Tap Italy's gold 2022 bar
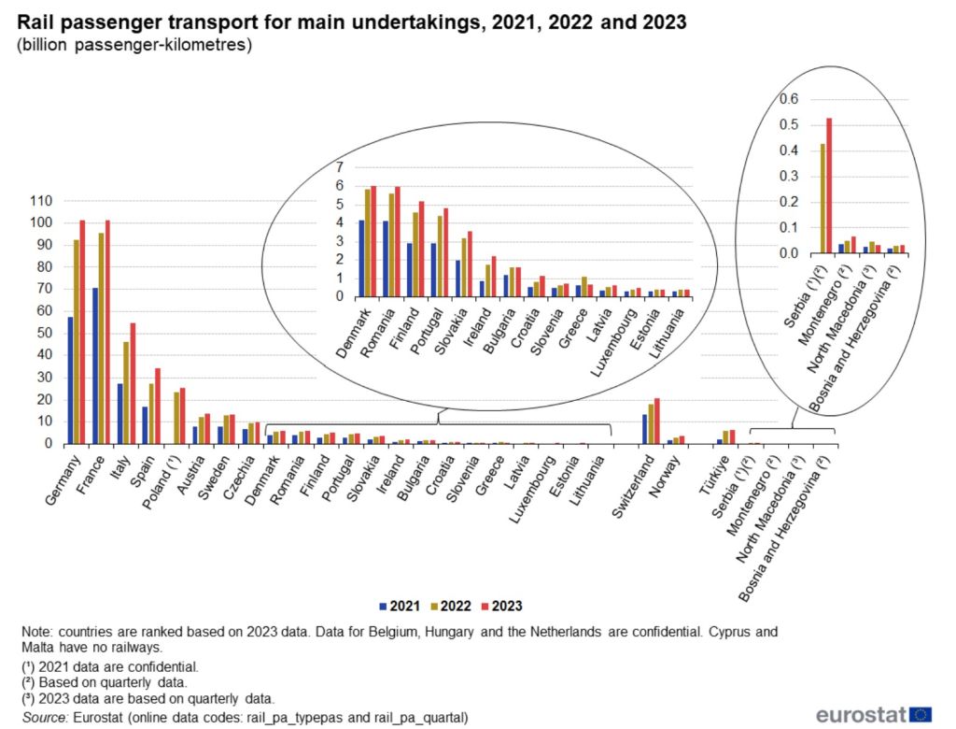tap(126, 393)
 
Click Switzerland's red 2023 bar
tap(657, 421)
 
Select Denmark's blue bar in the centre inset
tap(361, 258)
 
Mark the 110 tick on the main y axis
tap(43, 201)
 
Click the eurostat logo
tap(873, 715)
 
